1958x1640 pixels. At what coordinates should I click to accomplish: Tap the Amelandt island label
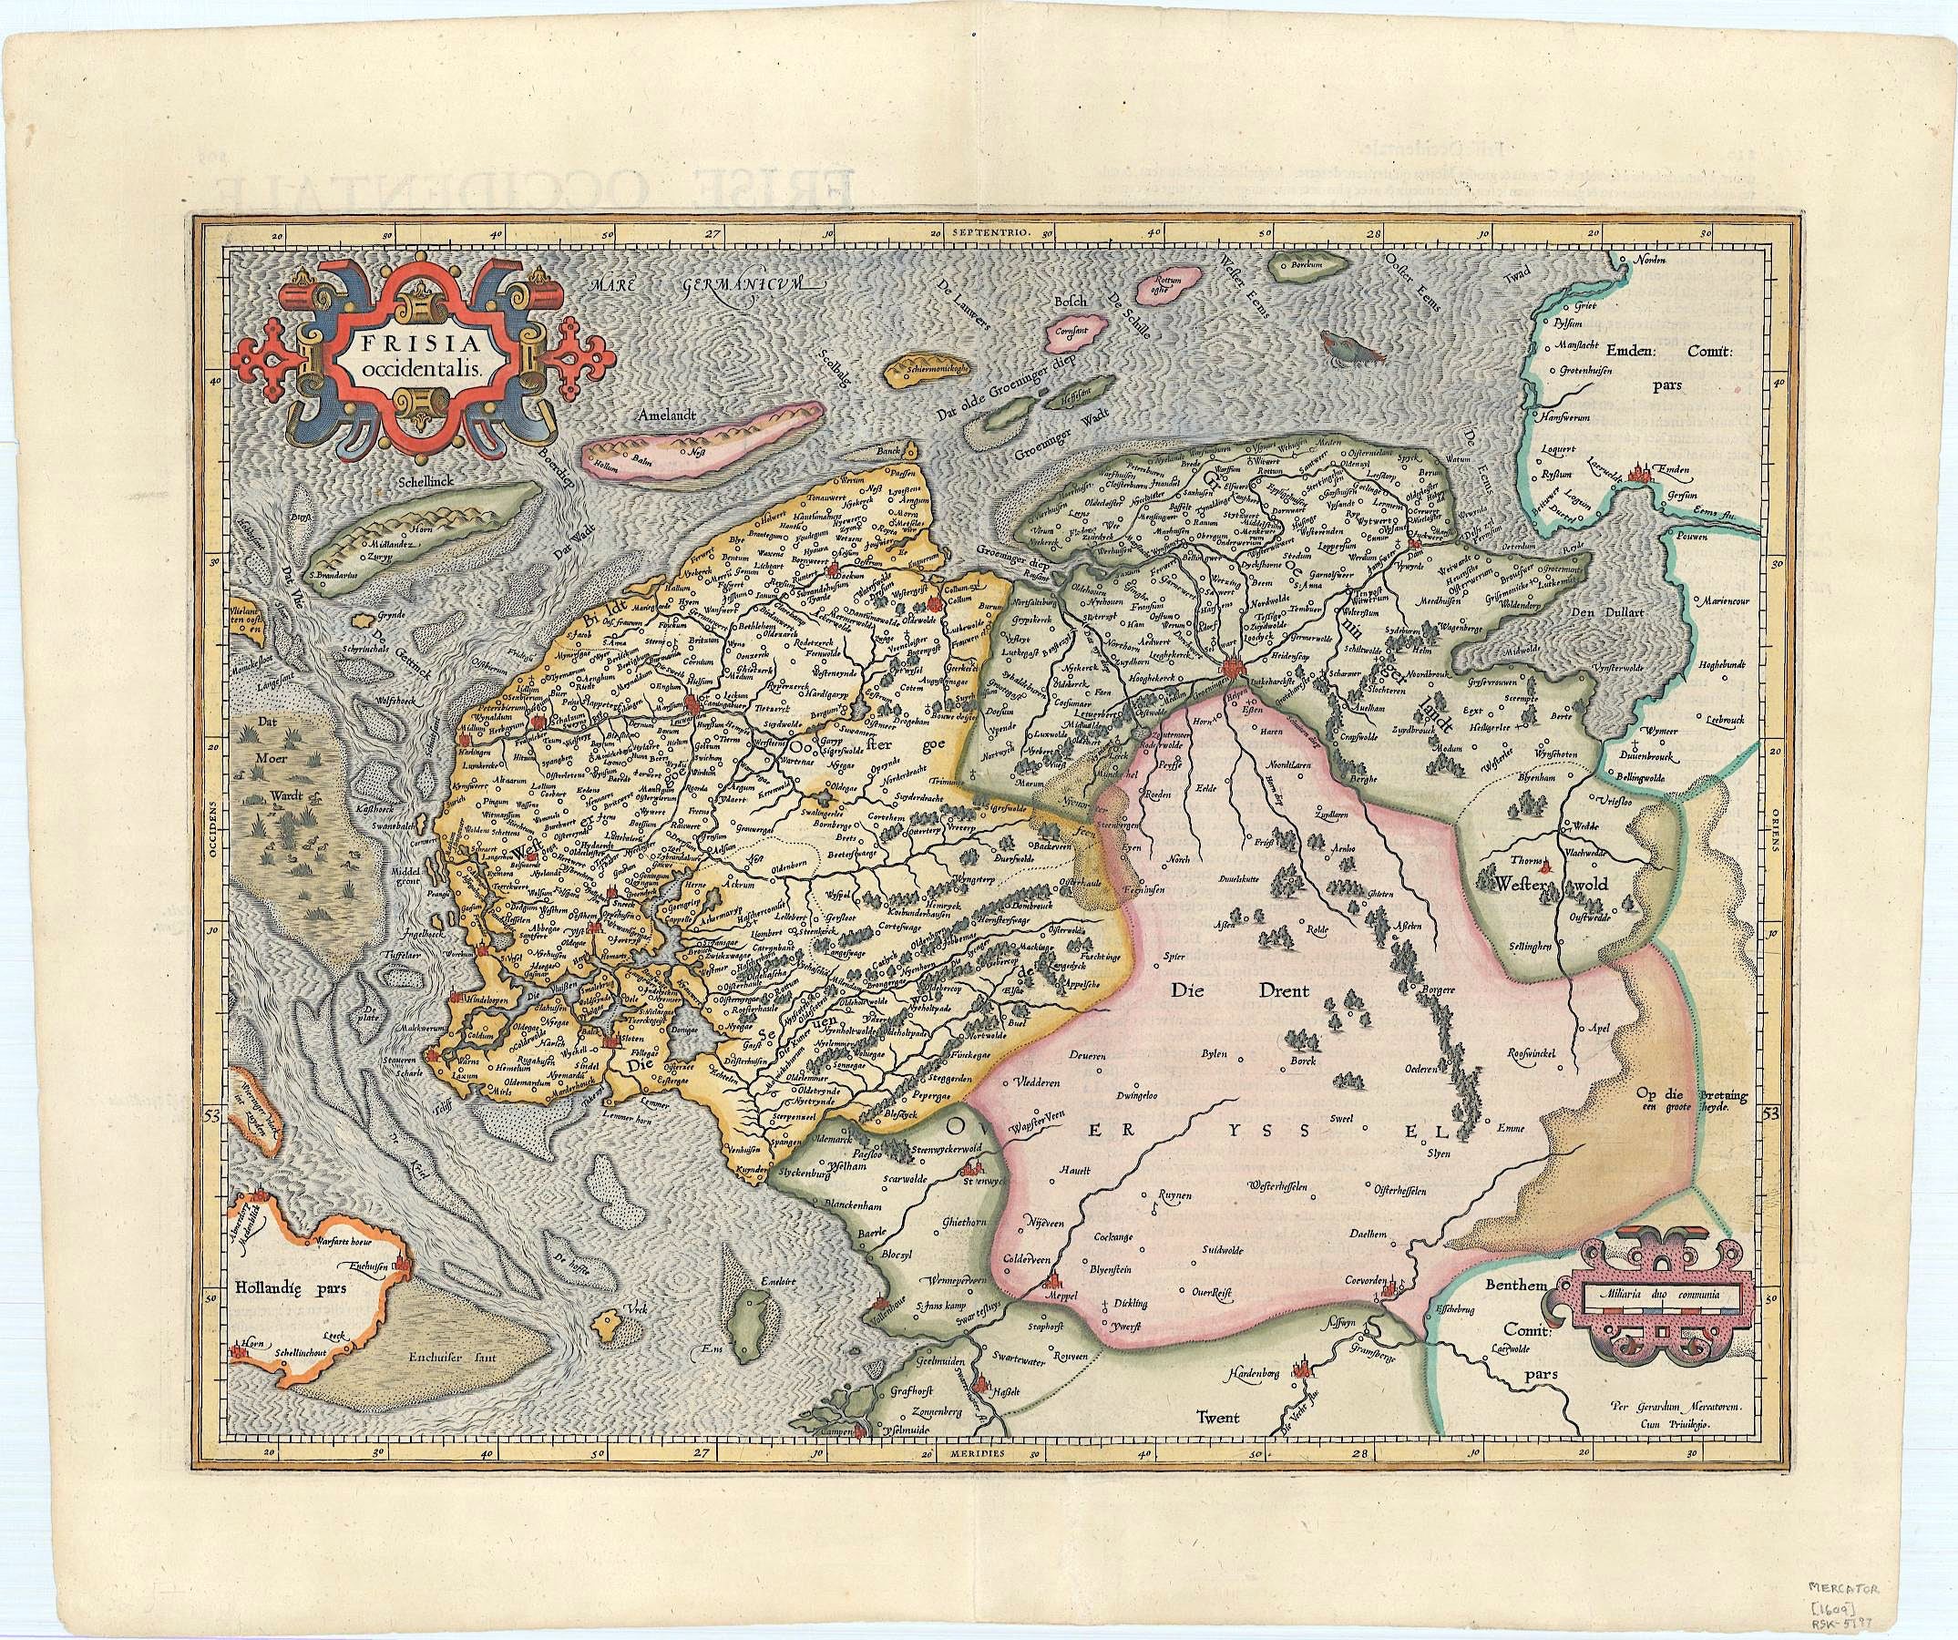[670, 418]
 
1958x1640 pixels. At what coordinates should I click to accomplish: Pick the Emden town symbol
[1642, 473]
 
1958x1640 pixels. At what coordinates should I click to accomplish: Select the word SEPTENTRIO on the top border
[989, 230]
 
